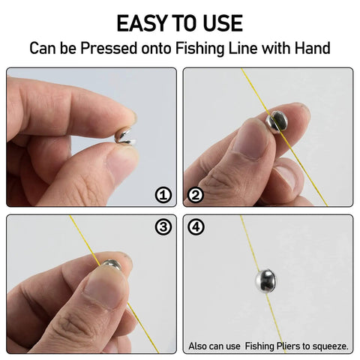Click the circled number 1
point(163,195)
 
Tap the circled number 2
point(196,195)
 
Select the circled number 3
point(163,227)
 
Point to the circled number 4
point(196,227)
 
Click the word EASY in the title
point(142,23)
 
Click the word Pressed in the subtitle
point(109,48)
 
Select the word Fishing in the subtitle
point(200,49)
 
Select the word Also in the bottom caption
point(197,346)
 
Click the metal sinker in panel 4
point(265,280)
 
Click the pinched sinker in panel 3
point(112,265)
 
